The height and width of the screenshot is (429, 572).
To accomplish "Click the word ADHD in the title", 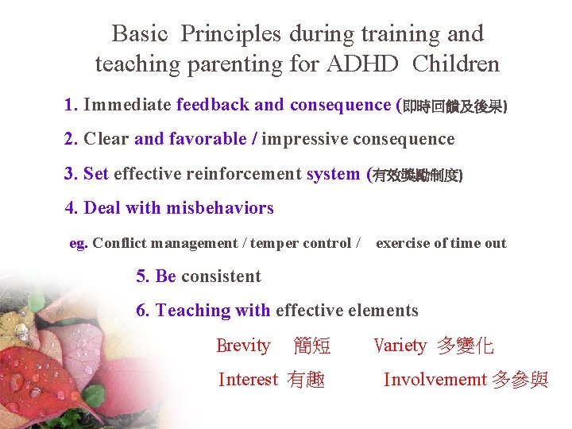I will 370,64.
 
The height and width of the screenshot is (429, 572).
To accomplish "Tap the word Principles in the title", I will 231,34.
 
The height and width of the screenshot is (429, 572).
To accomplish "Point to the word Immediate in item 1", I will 127,105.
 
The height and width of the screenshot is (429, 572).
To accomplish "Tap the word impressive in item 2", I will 306,140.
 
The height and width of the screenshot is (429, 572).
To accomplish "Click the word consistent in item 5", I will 221,276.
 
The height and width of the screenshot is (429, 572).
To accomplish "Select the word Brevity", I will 243,346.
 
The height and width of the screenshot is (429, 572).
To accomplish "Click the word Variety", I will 400,346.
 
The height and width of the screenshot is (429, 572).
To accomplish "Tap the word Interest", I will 248,380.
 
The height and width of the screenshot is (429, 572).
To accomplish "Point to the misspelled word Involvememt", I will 435,380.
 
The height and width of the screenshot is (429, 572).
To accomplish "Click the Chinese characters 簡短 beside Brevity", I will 312,346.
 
